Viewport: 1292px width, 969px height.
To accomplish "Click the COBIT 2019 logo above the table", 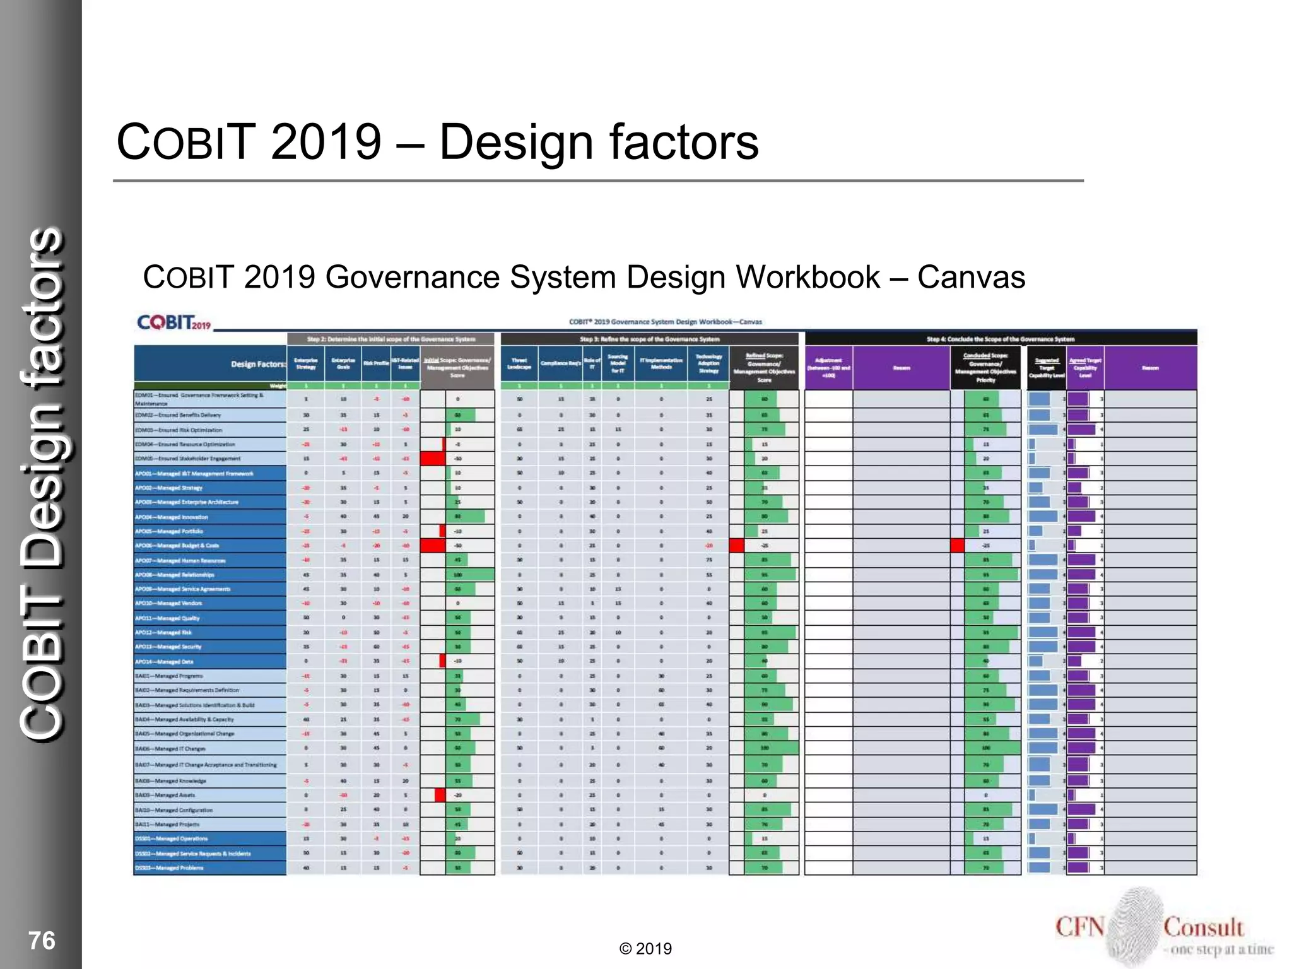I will (174, 322).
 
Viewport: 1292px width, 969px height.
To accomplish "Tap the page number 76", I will (42, 941).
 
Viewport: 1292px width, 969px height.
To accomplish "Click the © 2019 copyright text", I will (645, 949).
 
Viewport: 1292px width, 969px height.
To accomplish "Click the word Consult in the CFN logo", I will (1203, 927).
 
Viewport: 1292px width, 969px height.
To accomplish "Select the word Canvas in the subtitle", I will (971, 277).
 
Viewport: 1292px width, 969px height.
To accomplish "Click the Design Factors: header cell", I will (257, 364).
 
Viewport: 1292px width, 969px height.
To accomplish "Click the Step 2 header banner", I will (391, 339).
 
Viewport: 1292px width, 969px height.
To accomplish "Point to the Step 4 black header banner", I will (1000, 339).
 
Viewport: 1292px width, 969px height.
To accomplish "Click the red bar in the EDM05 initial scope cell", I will (433, 459).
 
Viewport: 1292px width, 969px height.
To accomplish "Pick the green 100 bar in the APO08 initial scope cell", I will (470, 575).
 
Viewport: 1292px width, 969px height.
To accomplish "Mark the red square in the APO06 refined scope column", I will (736, 546).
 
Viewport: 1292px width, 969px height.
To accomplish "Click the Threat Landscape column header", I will (519, 364).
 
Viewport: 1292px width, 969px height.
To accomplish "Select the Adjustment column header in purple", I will (828, 368).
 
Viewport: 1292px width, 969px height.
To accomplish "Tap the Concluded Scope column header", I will (985, 368).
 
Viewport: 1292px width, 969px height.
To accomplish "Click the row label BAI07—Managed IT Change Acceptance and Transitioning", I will (206, 765).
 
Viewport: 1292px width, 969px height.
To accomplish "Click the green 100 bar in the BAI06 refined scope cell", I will (771, 748).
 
